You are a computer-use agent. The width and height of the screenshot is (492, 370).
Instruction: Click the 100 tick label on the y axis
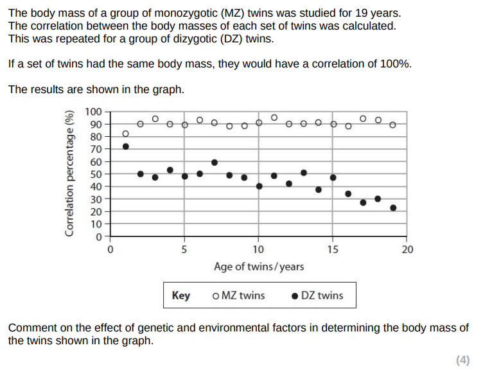coord(94,112)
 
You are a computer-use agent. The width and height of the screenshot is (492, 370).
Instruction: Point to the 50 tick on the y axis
coord(96,174)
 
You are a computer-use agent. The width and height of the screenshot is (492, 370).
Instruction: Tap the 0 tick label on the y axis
coord(98,236)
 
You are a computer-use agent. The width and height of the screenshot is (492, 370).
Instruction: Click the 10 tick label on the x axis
coord(258,249)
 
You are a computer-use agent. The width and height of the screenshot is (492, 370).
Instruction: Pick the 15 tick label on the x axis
coord(333,249)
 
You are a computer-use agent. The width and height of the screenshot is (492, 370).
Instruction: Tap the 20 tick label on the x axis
coord(407,249)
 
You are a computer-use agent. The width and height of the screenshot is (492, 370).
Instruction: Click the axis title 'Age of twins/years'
coord(259,267)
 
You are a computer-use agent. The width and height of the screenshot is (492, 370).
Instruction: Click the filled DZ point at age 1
coord(126,146)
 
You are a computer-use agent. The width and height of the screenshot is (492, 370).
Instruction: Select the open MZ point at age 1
coord(126,134)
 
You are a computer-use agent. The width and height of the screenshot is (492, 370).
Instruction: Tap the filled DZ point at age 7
coord(215,163)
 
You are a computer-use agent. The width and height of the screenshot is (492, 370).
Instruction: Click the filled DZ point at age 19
coord(393,207)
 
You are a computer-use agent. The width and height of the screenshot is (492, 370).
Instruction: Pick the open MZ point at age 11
coord(274,118)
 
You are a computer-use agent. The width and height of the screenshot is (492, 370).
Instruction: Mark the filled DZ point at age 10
coord(259,186)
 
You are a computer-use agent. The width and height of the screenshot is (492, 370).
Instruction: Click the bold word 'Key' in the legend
coord(181,295)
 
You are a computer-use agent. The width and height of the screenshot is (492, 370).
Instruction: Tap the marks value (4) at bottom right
coord(463,360)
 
